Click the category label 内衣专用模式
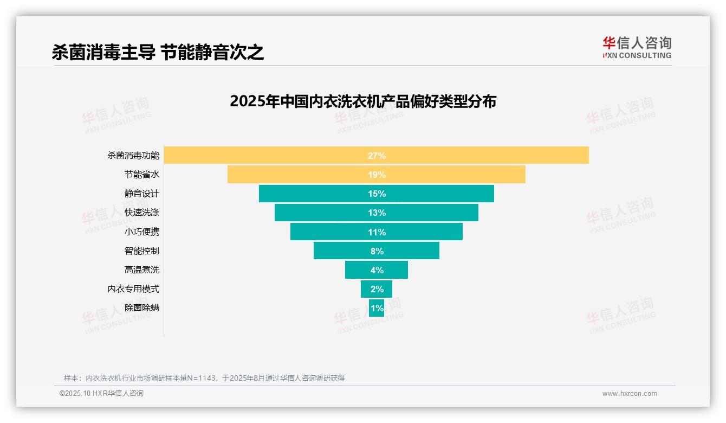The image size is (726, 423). coord(133,289)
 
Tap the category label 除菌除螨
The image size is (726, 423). coord(142,308)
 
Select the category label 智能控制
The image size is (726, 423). coord(142,251)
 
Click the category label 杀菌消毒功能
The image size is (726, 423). coord(133,156)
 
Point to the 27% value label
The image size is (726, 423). coord(377,156)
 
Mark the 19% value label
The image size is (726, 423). coord(377,175)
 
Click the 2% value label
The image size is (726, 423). coord(377,289)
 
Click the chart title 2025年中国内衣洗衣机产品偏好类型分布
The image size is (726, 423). coord(363,101)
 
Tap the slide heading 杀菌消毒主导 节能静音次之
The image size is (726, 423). coord(158,52)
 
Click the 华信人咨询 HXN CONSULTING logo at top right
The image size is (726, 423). coord(637,47)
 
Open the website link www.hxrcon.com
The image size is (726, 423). coord(630,394)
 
